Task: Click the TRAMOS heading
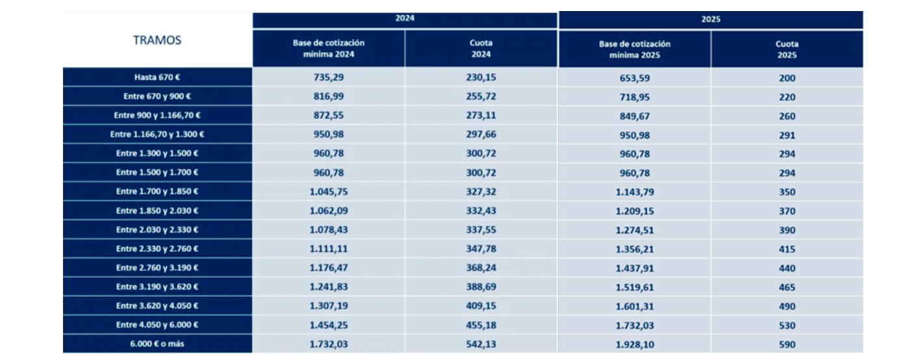157,40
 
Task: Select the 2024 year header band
405,19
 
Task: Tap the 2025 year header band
711,19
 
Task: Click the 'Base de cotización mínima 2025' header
634,49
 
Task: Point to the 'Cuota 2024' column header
481,49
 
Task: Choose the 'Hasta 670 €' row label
157,77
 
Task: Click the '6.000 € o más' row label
157,344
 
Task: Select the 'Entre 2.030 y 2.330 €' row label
157,230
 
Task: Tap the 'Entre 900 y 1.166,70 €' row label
157,116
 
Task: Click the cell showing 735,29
328,78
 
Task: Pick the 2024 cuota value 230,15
481,78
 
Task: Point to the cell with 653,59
634,78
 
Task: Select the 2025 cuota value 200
787,78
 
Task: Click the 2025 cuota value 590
787,345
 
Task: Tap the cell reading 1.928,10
634,345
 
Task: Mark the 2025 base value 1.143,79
634,192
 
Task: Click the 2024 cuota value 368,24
481,268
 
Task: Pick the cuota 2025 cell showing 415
787,250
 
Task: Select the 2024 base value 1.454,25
328,326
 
